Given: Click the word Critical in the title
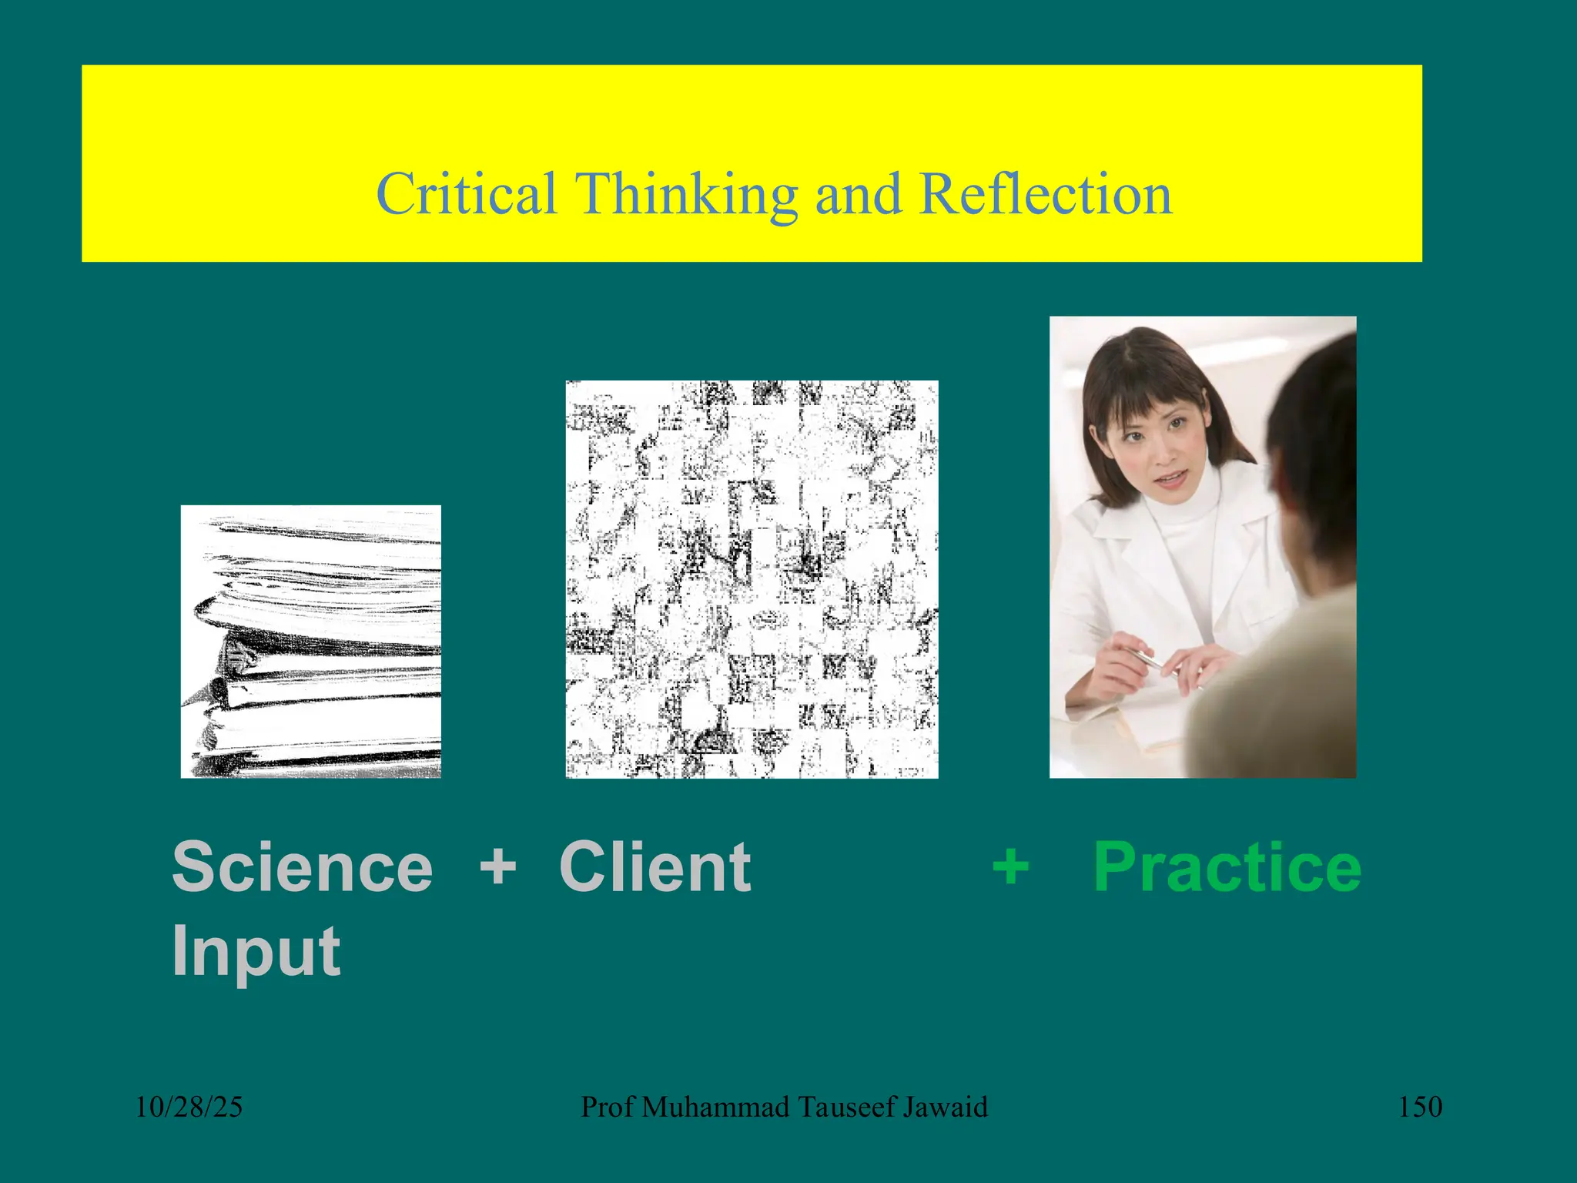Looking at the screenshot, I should click(x=466, y=193).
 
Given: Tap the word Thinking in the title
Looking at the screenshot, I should click(x=687, y=193).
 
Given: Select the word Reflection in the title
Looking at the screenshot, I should click(x=1045, y=193).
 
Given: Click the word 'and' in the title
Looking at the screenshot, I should click(x=858, y=193).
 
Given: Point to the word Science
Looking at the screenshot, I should click(x=303, y=867).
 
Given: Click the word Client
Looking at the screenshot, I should click(x=655, y=867).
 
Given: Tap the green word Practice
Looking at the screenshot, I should click(x=1227, y=867).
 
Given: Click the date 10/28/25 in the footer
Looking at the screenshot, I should click(x=189, y=1107).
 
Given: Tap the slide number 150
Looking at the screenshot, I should click(x=1420, y=1107).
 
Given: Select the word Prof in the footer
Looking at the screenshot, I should click(x=608, y=1107).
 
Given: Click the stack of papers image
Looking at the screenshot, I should click(x=311, y=642).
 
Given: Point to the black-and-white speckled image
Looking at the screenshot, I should click(x=752, y=579).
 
